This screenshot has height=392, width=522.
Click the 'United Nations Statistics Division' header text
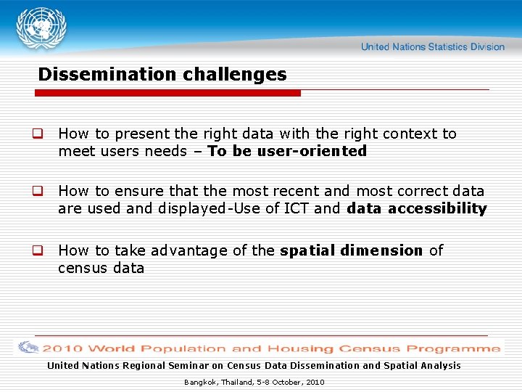coord(432,46)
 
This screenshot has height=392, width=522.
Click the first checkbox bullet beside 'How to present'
coord(35,134)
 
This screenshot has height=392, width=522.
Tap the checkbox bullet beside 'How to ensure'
coord(35,192)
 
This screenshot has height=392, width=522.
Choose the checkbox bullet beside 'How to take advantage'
coord(35,251)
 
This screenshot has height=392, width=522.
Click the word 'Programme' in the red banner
coord(462,348)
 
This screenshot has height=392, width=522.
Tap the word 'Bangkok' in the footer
coord(198,382)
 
